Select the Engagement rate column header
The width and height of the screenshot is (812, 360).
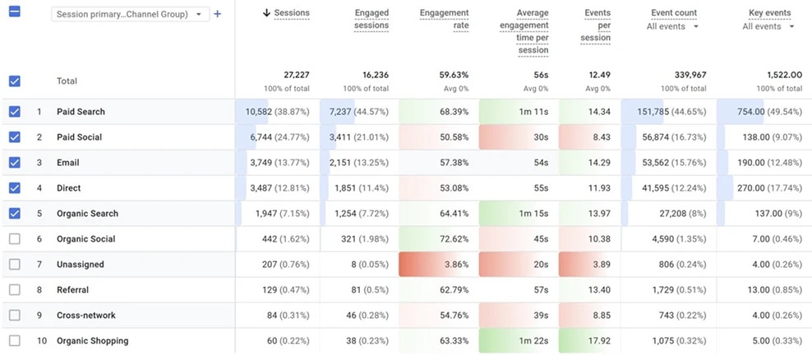(445, 19)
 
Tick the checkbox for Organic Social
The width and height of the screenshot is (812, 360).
(15, 239)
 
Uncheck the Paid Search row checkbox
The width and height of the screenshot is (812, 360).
(15, 111)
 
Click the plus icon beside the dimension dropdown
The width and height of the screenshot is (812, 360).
(218, 14)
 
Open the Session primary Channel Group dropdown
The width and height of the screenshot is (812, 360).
(130, 15)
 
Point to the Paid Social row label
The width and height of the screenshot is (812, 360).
(79, 137)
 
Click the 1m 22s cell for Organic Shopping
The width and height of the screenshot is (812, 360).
(534, 341)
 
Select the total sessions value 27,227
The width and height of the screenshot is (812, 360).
(296, 76)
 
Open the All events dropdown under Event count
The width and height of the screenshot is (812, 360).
(672, 26)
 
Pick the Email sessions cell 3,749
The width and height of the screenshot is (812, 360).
(261, 163)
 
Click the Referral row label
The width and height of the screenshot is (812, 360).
(72, 290)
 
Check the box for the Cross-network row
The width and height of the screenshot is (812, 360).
(15, 315)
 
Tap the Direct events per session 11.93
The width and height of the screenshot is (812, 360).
(599, 188)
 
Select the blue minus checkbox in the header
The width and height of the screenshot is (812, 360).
(15, 12)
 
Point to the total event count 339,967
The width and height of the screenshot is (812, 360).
(690, 76)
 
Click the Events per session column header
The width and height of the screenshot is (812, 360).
(597, 25)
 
